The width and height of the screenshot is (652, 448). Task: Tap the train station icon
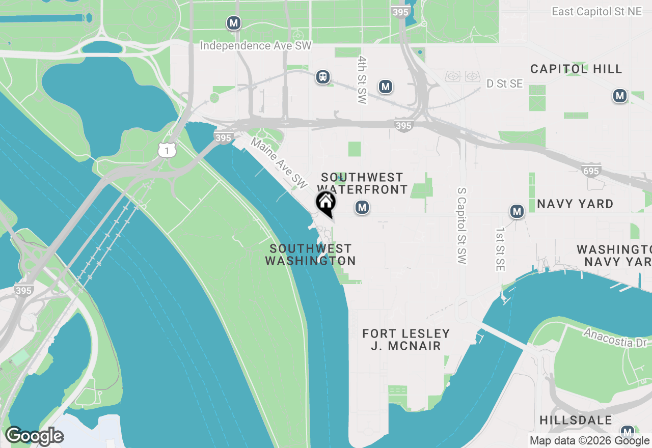[323, 77]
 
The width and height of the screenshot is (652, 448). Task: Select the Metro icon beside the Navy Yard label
[517, 211]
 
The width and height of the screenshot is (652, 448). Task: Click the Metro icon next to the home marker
[362, 207]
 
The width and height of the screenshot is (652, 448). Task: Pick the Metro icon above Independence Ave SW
[234, 23]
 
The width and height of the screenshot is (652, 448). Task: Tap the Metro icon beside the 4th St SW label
[386, 87]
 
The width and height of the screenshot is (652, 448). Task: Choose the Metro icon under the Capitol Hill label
[619, 96]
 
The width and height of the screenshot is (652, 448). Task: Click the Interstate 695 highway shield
[591, 170]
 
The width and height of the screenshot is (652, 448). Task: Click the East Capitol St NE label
[596, 11]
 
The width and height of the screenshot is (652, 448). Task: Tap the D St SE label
[504, 83]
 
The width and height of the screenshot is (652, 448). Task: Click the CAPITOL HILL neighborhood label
[576, 69]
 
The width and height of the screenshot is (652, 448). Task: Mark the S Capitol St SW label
[462, 225]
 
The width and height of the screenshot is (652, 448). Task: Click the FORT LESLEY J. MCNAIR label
[406, 340]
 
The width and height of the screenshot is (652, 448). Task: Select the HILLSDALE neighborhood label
[576, 421]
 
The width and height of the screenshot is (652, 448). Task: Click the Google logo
[34, 436]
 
